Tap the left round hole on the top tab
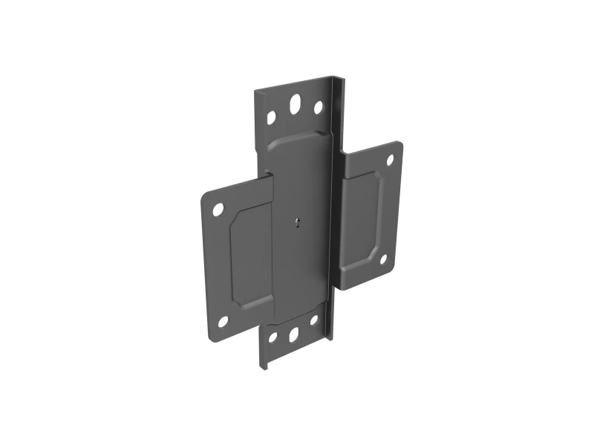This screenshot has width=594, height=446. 271,117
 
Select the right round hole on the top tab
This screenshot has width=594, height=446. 318,108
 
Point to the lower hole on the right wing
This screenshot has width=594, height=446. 383,259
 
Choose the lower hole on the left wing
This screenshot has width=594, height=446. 221,320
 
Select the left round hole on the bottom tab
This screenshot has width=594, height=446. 272,338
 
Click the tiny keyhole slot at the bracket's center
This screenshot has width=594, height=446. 296,222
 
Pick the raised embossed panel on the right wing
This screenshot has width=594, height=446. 360,216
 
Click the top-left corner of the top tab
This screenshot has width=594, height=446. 256,91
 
